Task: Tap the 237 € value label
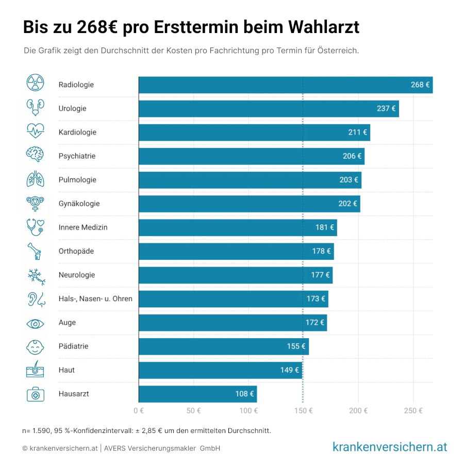tap(386, 109)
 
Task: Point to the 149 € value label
tap(290, 370)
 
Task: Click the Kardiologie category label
tap(77, 132)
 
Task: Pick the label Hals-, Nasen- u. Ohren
tap(95, 299)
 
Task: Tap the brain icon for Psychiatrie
tap(35, 156)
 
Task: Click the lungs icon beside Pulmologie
tap(35, 179)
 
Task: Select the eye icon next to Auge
tap(35, 323)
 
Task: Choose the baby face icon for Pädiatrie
tap(35, 347)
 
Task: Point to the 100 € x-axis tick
tap(248, 411)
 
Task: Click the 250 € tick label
tap(413, 411)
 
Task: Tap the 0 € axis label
tap(138, 411)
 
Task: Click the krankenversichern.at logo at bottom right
tap(390, 446)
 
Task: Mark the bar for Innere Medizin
tap(237, 227)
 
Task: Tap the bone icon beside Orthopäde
tap(35, 251)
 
